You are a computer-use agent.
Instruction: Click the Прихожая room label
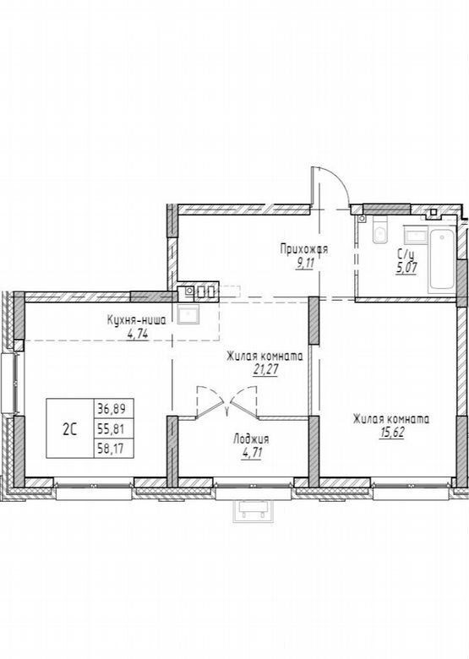pos(304,249)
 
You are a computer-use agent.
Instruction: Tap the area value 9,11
pos(306,264)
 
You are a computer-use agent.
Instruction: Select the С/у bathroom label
pos(406,254)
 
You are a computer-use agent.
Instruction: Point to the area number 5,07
pos(406,268)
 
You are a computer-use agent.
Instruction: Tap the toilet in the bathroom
pos(380,230)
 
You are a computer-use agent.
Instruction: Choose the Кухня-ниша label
pos(136,320)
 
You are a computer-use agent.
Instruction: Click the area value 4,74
pos(138,334)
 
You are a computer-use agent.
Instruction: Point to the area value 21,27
pos(265,369)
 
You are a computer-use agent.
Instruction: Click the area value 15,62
pos(391,433)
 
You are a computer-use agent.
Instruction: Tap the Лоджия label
pos(251,439)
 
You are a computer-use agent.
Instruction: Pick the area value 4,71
pos(251,454)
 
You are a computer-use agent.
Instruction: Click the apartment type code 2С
pos(70,429)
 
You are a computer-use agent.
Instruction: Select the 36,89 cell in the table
pos(113,408)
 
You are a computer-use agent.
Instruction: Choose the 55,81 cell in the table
pos(113,428)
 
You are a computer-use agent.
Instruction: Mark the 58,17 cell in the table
pos(113,449)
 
